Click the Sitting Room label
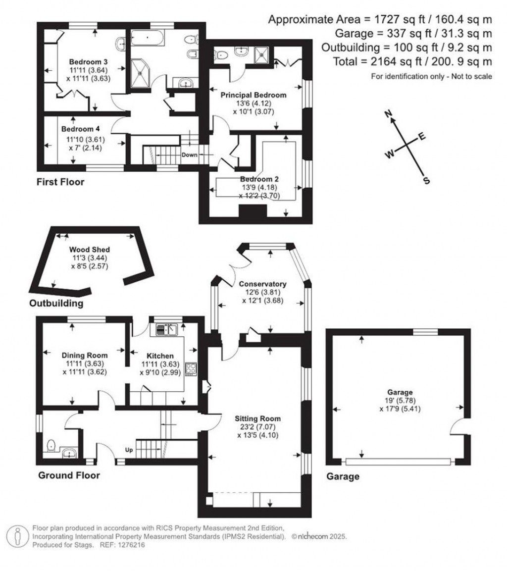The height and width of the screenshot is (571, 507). [257, 417]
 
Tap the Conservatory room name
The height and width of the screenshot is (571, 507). [262, 284]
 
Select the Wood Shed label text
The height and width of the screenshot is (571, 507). [89, 250]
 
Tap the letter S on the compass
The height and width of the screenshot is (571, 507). [426, 181]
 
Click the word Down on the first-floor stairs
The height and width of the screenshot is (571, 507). [189, 155]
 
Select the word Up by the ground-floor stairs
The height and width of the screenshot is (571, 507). [129, 451]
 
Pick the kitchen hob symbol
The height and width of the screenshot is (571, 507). [191, 369]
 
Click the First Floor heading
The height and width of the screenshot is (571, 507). [60, 182]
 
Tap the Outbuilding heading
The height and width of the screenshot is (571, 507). [56, 303]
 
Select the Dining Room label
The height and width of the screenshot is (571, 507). [85, 355]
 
